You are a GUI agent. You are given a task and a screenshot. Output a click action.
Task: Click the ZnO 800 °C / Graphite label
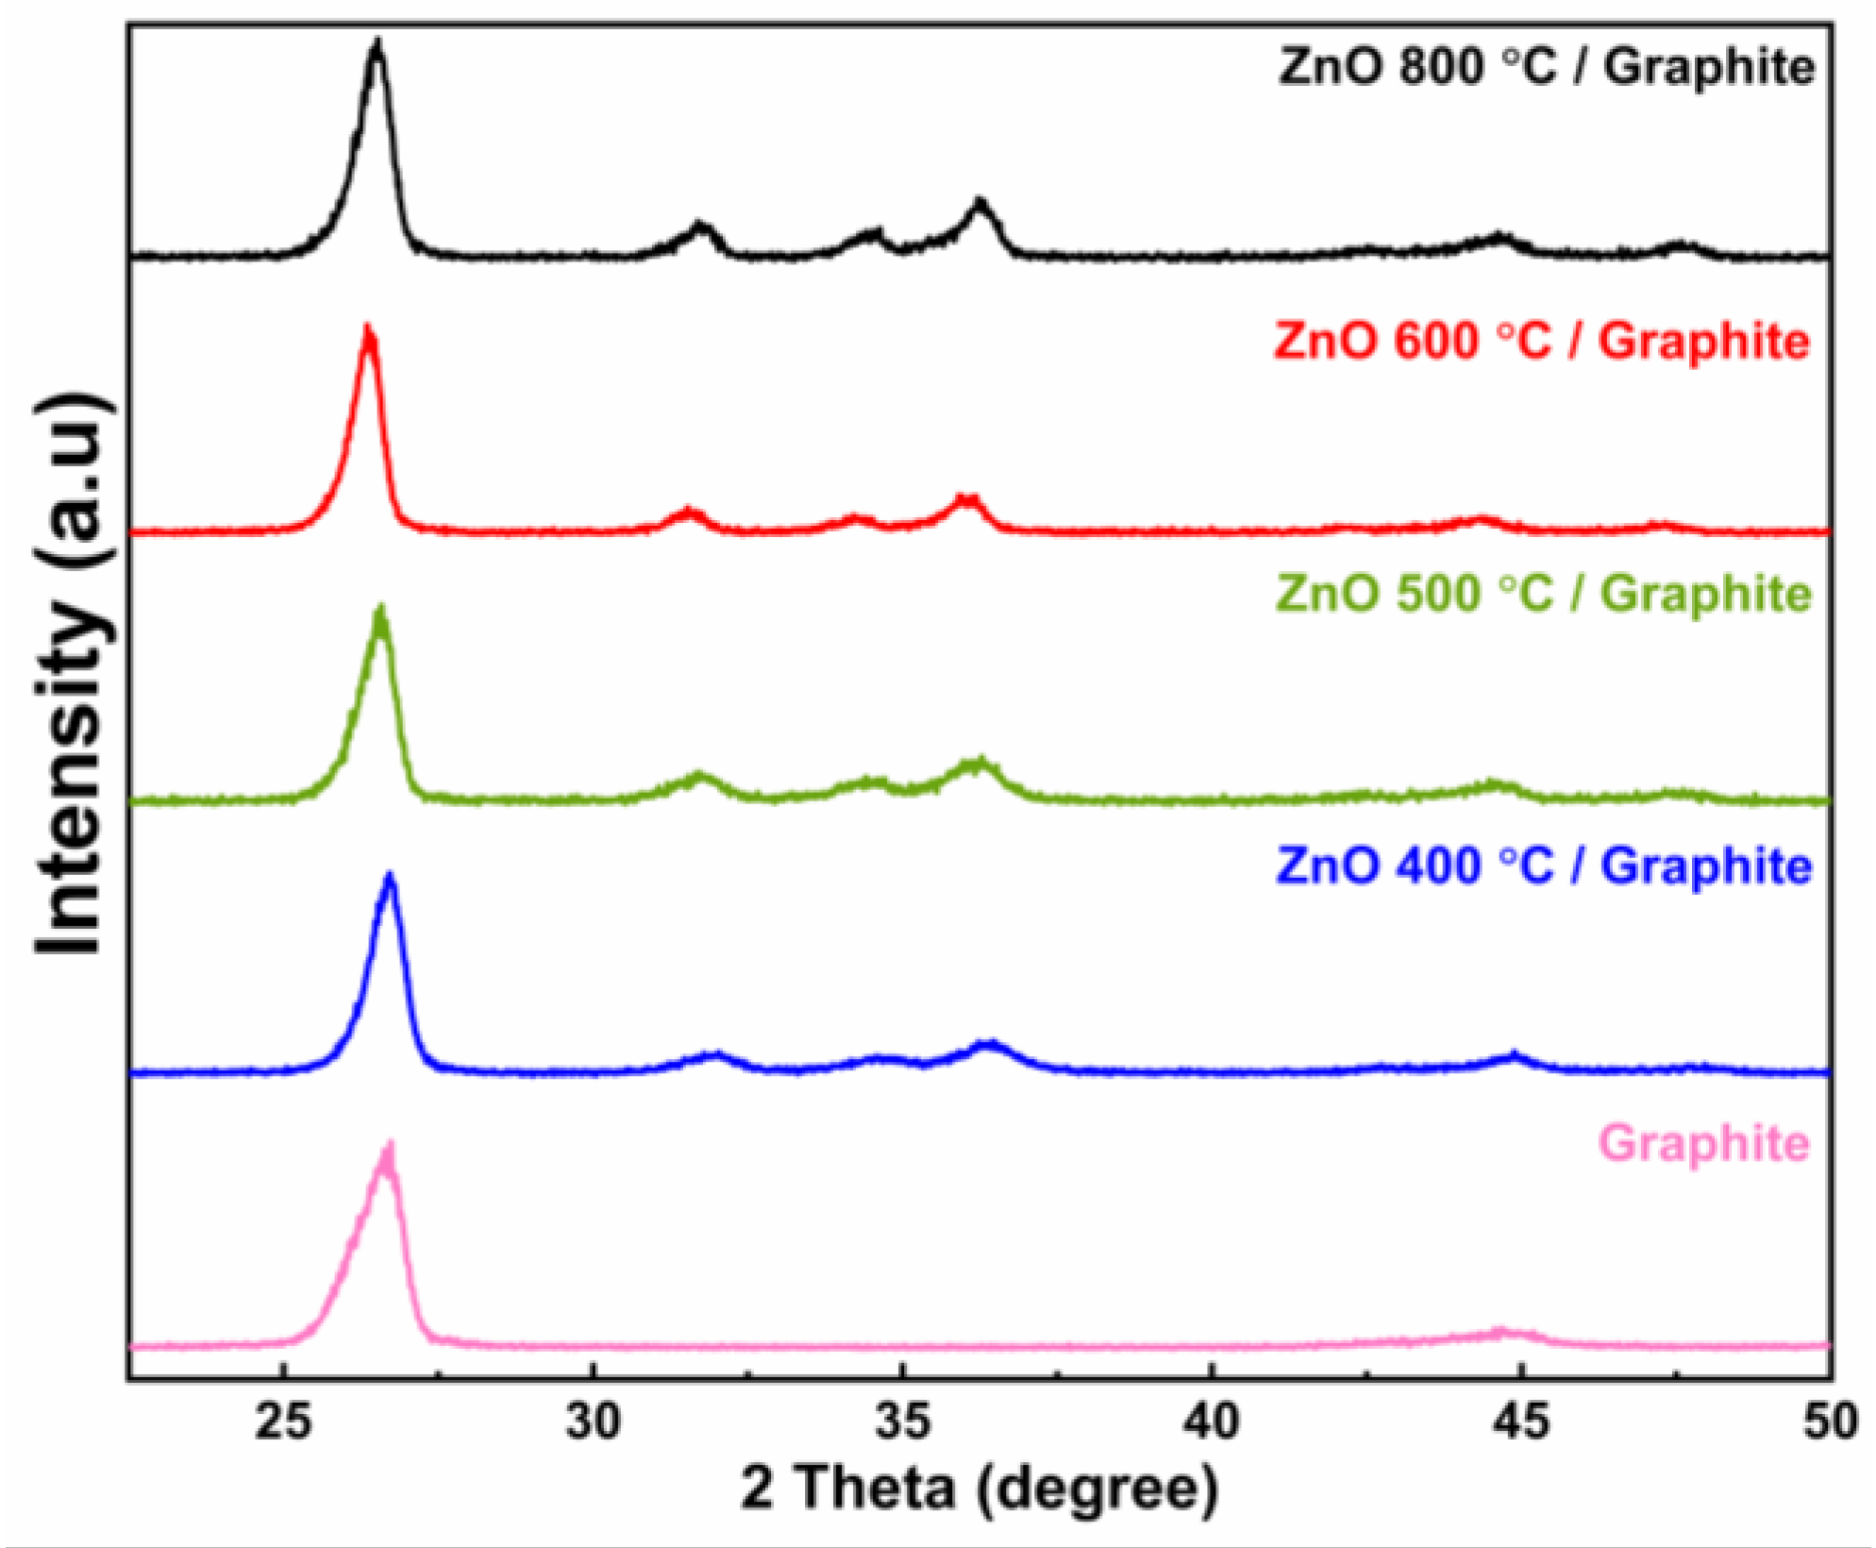[x=1546, y=68]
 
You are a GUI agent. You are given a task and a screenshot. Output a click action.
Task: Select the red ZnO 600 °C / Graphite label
[x=1541, y=341]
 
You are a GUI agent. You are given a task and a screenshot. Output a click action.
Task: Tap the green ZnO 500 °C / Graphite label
[x=1544, y=595]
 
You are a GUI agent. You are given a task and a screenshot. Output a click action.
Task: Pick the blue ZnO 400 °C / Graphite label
[x=1544, y=866]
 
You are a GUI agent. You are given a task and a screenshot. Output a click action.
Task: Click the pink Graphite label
[x=1704, y=1143]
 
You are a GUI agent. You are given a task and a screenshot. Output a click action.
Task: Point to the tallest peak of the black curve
[x=377, y=43]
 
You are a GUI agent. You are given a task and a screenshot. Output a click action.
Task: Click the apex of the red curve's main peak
[x=367, y=329]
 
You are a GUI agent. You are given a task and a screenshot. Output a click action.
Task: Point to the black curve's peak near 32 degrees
[x=700, y=226]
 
